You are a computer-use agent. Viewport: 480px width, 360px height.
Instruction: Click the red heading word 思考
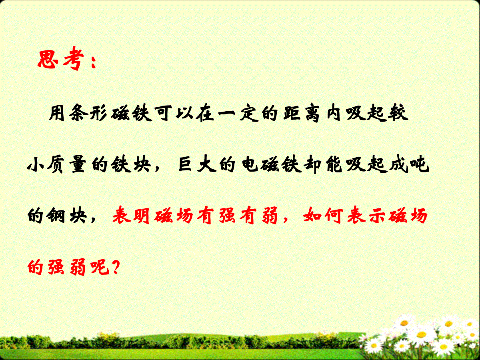61,58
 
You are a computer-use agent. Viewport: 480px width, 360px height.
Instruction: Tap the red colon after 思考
93,62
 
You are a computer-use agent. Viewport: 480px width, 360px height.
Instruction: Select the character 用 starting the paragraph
57,113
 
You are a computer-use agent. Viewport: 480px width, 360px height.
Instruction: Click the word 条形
88,113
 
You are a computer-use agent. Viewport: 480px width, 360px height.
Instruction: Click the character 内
334,113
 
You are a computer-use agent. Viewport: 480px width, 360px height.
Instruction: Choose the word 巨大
195,164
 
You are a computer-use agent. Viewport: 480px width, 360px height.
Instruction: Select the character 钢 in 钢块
56,216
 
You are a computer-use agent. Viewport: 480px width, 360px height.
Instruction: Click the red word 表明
131,216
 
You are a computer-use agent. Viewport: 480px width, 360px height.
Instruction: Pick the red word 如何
323,216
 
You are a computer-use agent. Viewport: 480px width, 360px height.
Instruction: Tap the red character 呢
100,267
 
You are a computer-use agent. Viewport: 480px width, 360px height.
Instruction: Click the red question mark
115,267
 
